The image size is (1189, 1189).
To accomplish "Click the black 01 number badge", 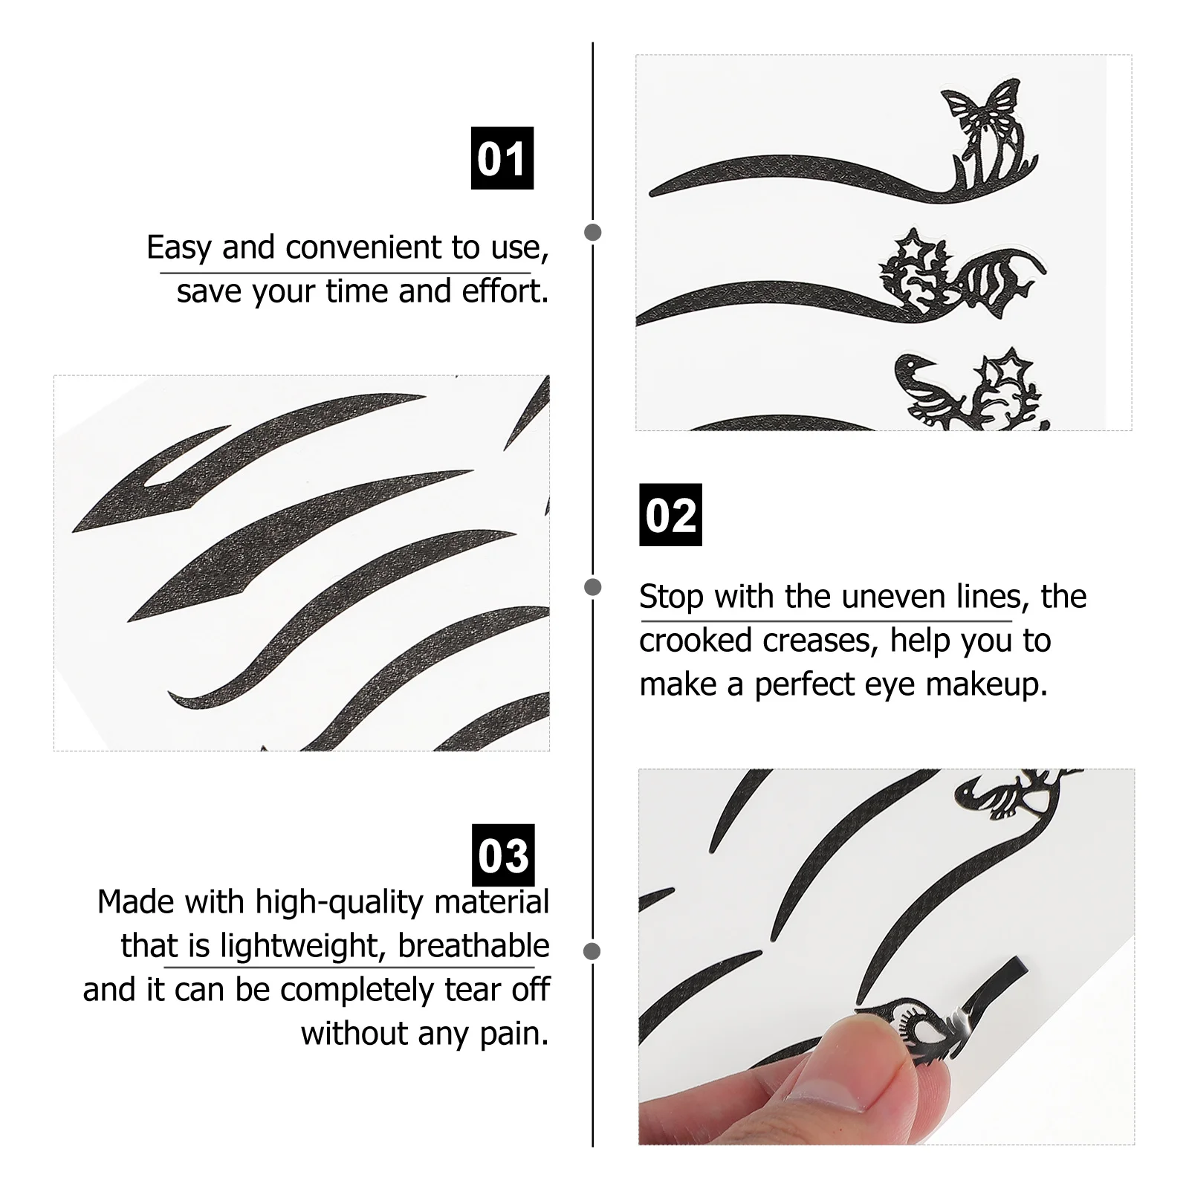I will point(502,158).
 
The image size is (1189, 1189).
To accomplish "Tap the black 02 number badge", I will point(670,515).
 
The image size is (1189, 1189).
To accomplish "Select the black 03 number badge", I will point(503,855).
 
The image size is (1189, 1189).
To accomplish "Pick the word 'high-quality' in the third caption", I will point(340,902).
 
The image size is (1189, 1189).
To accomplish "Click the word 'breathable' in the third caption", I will point(473,946).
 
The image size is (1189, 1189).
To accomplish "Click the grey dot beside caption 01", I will point(593,233).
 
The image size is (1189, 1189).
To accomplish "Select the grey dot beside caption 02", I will point(593,588).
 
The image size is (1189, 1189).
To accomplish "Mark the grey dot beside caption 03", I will point(593,951).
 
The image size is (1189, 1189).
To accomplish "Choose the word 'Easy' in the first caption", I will point(180,247).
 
